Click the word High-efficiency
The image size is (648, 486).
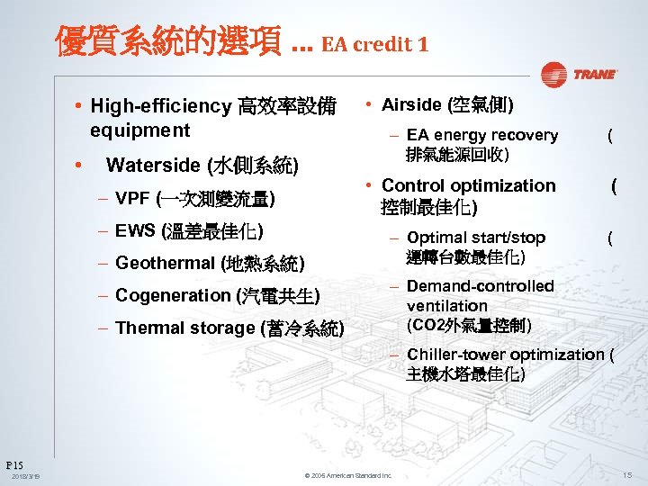click(160, 106)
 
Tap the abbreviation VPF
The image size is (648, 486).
click(133, 198)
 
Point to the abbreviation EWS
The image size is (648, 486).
click(136, 230)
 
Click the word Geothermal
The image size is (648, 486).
click(165, 264)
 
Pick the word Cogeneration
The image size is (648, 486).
click(173, 295)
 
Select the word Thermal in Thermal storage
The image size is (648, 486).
click(147, 328)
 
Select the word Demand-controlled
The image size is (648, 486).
click(480, 286)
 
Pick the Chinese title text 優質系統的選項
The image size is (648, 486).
click(168, 41)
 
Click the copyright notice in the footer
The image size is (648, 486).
click(348, 475)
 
